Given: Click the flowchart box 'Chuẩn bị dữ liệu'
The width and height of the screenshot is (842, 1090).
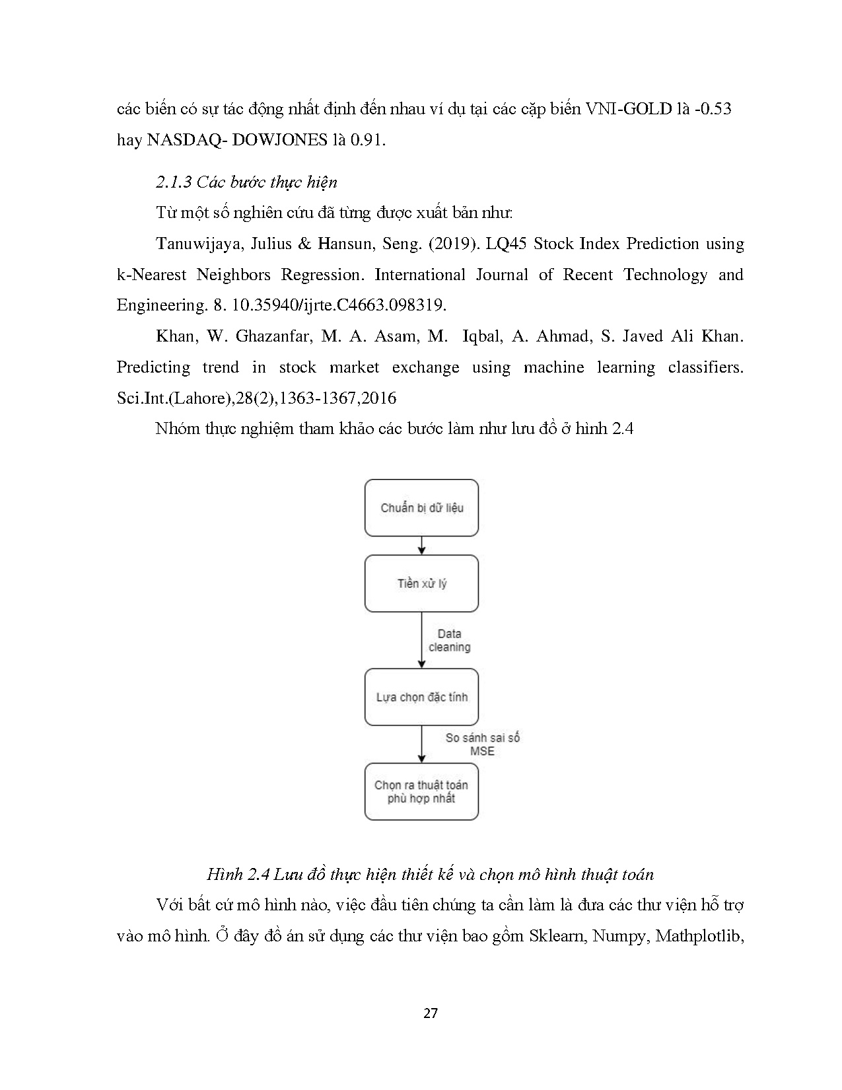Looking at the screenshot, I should (421, 508).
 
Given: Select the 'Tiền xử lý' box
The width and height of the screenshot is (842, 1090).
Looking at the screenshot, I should (421, 584).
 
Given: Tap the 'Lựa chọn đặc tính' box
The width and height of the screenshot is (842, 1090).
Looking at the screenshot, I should (421, 698).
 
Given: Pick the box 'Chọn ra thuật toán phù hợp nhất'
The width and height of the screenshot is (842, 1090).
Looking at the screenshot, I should (421, 791).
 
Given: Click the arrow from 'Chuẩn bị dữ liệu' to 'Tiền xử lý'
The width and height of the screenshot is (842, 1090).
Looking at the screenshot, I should (422, 546).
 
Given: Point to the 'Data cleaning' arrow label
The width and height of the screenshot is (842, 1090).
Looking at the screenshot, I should (450, 641).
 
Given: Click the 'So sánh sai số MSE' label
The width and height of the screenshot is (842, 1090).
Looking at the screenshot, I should (482, 745).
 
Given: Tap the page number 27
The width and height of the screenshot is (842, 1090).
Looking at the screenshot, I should (430, 1013).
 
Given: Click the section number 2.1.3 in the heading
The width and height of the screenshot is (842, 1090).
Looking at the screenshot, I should (174, 182).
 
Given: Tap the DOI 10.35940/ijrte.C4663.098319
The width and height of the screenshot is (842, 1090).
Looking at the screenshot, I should (335, 305).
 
